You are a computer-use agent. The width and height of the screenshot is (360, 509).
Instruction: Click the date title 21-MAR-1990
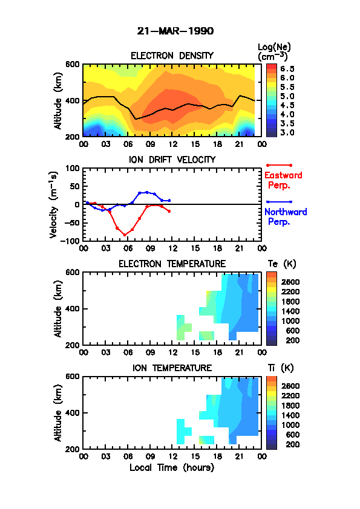point(175,31)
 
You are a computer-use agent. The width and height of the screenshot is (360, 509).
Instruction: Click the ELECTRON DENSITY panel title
point(172,56)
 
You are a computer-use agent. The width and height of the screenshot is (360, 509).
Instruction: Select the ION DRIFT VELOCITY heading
point(172,160)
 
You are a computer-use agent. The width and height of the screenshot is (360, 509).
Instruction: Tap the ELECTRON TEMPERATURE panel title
point(172,264)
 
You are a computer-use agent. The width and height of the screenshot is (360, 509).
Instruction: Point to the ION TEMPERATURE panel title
point(172,368)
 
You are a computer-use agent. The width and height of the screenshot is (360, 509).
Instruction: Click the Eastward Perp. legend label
point(283,180)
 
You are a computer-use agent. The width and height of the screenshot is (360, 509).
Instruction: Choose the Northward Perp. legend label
point(286,216)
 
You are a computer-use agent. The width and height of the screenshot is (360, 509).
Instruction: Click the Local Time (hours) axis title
point(172,467)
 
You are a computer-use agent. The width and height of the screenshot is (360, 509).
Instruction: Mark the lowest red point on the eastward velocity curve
point(125,235)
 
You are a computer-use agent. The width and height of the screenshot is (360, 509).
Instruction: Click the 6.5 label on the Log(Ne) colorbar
point(287,69)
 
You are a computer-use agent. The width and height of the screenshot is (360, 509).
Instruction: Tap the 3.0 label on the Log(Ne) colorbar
point(287,132)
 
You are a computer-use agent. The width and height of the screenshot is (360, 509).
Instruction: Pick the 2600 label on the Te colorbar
point(290,282)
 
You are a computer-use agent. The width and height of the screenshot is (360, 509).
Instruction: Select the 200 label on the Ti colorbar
point(292,444)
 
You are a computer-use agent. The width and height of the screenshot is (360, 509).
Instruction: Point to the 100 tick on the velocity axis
point(73,168)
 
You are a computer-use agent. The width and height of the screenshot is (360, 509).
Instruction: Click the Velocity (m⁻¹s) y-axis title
point(53,204)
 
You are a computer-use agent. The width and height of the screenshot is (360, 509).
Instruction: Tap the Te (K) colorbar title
point(282,264)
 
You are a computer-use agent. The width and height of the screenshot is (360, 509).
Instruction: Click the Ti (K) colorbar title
point(281,368)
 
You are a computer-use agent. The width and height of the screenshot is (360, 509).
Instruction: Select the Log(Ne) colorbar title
point(274,52)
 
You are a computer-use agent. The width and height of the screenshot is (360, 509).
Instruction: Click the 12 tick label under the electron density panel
point(172,144)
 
